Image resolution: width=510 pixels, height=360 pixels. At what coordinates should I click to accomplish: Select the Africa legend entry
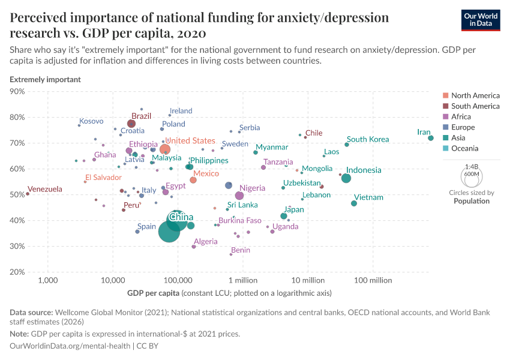(461, 117)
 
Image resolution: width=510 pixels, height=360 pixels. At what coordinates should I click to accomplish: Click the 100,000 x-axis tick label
(178, 281)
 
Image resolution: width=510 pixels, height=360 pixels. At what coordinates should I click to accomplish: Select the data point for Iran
(431, 138)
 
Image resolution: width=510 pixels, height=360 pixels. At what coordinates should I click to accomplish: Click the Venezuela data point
(28, 194)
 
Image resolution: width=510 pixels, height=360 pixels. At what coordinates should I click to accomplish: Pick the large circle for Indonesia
(346, 178)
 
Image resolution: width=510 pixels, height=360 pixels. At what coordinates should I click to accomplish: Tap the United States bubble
(165, 149)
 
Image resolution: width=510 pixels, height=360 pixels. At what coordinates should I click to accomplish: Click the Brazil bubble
(131, 124)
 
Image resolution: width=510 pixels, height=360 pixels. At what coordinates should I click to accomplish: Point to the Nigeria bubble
(239, 196)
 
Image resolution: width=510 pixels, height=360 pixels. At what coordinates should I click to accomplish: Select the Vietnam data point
(354, 203)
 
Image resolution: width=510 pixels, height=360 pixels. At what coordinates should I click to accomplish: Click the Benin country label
(241, 250)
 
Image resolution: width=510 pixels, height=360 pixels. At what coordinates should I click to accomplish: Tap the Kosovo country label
(91, 121)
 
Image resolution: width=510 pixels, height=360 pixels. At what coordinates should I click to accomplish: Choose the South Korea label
(368, 139)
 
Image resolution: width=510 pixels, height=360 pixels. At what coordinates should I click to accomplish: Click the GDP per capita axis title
(152, 293)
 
